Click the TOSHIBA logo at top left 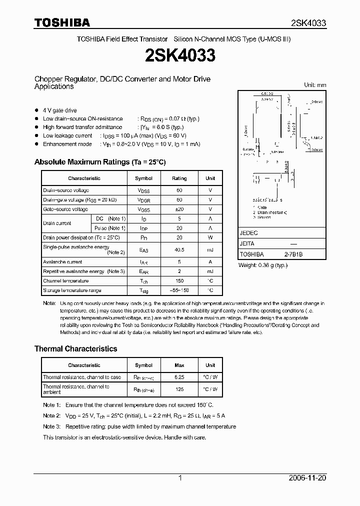(x=62, y=22)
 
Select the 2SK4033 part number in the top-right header (x=308, y=23)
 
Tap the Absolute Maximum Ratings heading (x=99, y=162)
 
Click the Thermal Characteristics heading (x=75, y=348)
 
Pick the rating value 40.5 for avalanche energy (x=179, y=250)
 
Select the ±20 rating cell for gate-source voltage (x=179, y=209)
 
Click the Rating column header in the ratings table (x=179, y=178)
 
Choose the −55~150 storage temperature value (x=179, y=290)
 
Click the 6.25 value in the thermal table (x=179, y=377)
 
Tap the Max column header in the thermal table (x=179, y=365)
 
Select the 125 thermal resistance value (x=179, y=389)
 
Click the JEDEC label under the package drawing (x=248, y=233)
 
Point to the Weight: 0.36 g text (x=263, y=265)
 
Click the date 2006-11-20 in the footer (x=307, y=478)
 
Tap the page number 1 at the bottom (x=180, y=478)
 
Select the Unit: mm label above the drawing (x=315, y=85)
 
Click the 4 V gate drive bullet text (x=60, y=110)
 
